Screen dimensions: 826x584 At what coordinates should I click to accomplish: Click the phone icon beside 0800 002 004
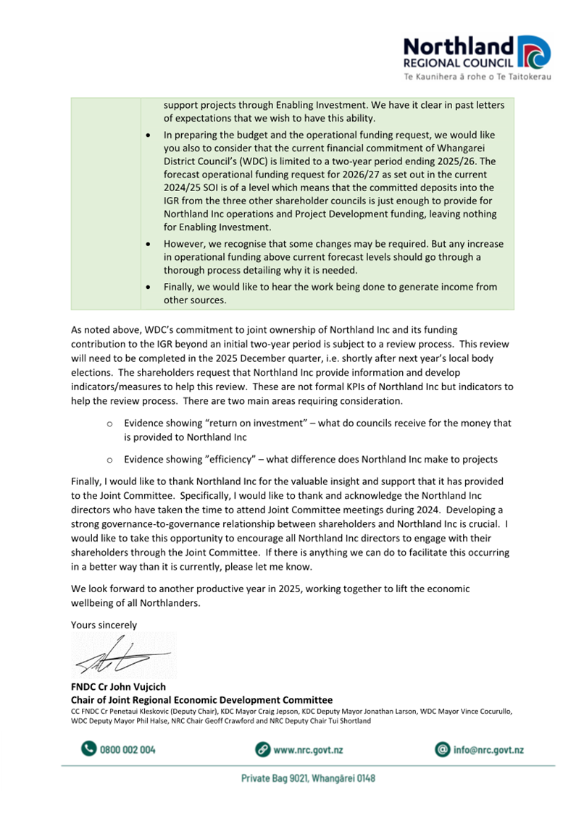(88, 749)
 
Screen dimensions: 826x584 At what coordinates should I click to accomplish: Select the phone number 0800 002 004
(128, 750)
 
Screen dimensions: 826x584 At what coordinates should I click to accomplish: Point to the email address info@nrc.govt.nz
(488, 750)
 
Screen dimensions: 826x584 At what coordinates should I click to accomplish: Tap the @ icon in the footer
(442, 749)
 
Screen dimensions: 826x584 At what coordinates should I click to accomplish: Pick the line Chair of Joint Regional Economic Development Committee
(201, 700)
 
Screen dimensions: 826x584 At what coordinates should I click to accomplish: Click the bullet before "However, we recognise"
(149, 244)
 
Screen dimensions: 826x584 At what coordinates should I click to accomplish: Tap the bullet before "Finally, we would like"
(149, 287)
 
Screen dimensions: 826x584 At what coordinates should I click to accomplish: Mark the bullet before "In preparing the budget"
(149, 135)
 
